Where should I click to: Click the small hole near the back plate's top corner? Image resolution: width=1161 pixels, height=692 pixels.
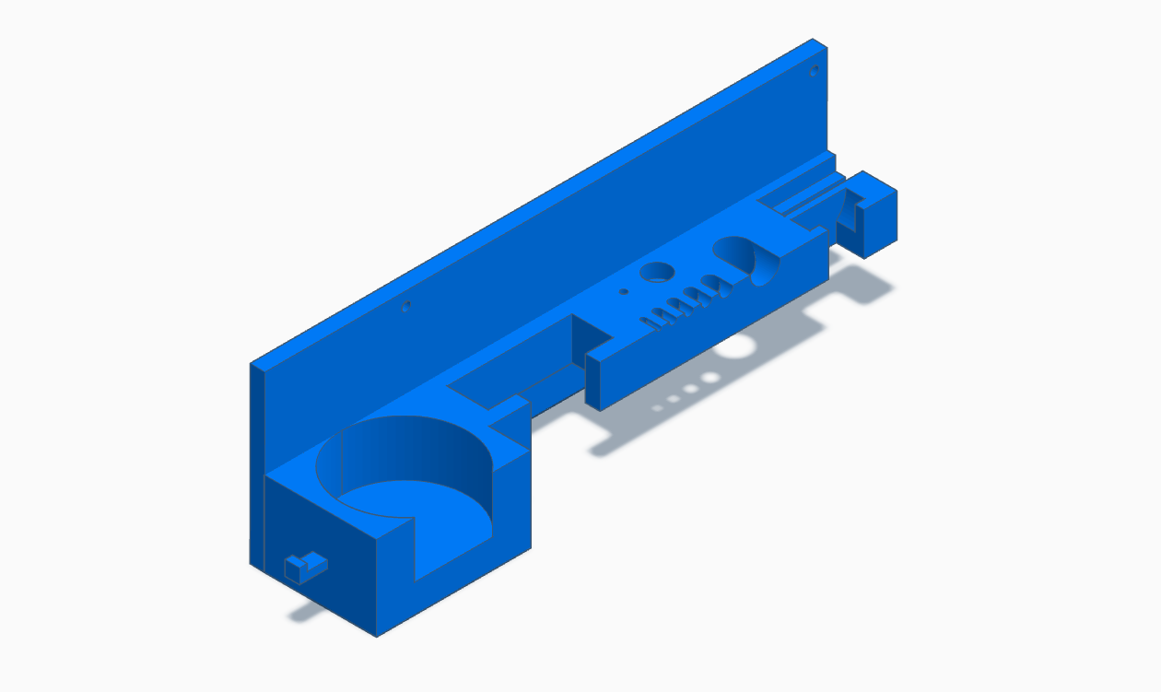coord(814,70)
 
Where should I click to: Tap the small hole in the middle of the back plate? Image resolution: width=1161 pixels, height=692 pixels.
coord(405,305)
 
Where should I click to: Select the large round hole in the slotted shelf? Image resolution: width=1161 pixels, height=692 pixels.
coord(657,271)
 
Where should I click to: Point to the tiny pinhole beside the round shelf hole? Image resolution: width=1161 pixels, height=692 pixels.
coord(624,291)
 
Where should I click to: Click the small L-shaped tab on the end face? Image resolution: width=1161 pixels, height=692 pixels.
coord(303,565)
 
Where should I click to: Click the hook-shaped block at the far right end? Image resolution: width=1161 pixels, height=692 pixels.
coord(875,217)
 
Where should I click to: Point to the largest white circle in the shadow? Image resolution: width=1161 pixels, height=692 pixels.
coord(737,346)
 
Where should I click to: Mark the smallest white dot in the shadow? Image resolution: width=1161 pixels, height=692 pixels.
coord(658,406)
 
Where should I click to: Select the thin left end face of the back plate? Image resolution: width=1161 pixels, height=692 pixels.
coord(256,461)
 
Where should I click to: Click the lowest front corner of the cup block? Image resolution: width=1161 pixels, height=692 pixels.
coord(376,635)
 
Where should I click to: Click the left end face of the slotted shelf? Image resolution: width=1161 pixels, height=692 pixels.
coord(593,383)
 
